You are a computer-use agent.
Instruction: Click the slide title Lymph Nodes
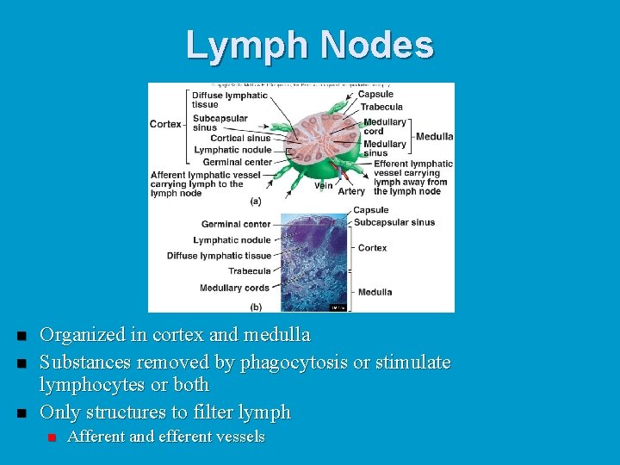click(310, 46)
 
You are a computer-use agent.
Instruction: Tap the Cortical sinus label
click(239, 138)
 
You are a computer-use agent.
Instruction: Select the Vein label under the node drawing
click(323, 185)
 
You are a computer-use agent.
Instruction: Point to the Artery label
click(350, 191)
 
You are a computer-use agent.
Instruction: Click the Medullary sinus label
click(384, 148)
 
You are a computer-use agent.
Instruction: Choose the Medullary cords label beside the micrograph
click(234, 288)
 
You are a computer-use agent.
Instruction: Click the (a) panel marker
click(256, 201)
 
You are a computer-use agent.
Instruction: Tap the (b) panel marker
click(256, 307)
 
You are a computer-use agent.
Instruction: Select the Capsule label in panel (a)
click(375, 94)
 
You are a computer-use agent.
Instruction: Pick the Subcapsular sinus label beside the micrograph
click(394, 222)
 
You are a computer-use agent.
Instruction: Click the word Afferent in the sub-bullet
click(95, 437)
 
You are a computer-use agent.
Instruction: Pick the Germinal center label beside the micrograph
click(236, 224)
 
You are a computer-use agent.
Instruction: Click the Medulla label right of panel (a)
click(434, 136)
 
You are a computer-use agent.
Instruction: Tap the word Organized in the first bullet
click(81, 334)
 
